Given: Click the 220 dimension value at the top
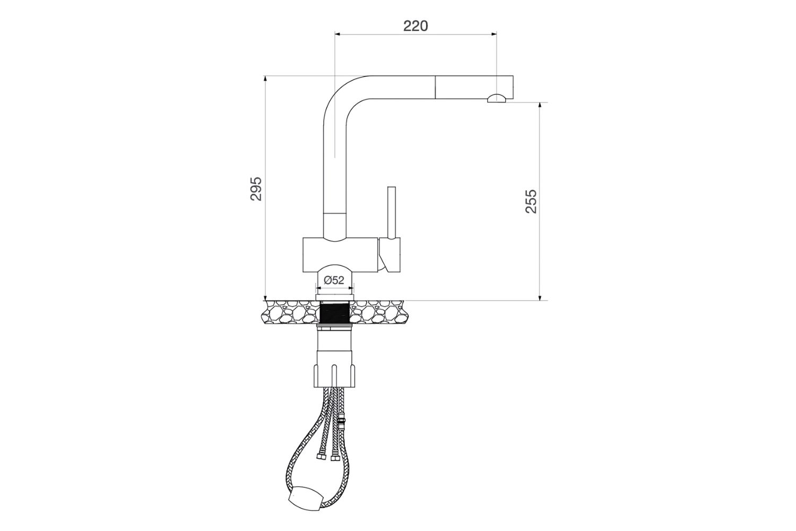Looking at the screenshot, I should [x=415, y=25].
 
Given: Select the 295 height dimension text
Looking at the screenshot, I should [x=256, y=189].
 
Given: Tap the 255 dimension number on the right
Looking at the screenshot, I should [x=531, y=201].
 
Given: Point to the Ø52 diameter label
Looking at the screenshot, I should [x=334, y=280].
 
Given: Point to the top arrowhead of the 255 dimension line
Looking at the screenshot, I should [x=540, y=105].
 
